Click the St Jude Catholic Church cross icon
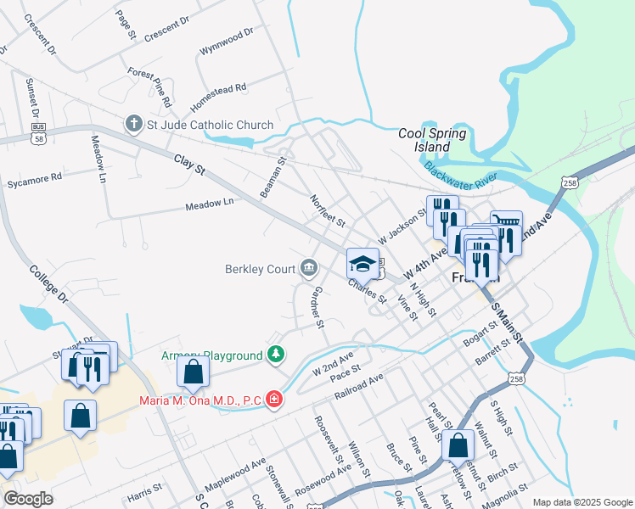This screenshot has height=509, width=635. click(133, 125)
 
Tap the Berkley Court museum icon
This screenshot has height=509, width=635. click(308, 270)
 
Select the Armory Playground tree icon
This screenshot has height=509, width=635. click(274, 354)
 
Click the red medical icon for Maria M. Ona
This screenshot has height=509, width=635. click(273, 398)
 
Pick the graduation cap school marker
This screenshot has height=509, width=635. click(362, 264)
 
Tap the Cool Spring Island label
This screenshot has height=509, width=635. click(433, 140)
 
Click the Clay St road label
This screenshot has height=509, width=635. click(190, 165)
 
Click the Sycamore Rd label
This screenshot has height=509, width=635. click(34, 178)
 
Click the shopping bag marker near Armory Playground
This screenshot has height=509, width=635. click(194, 372)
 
